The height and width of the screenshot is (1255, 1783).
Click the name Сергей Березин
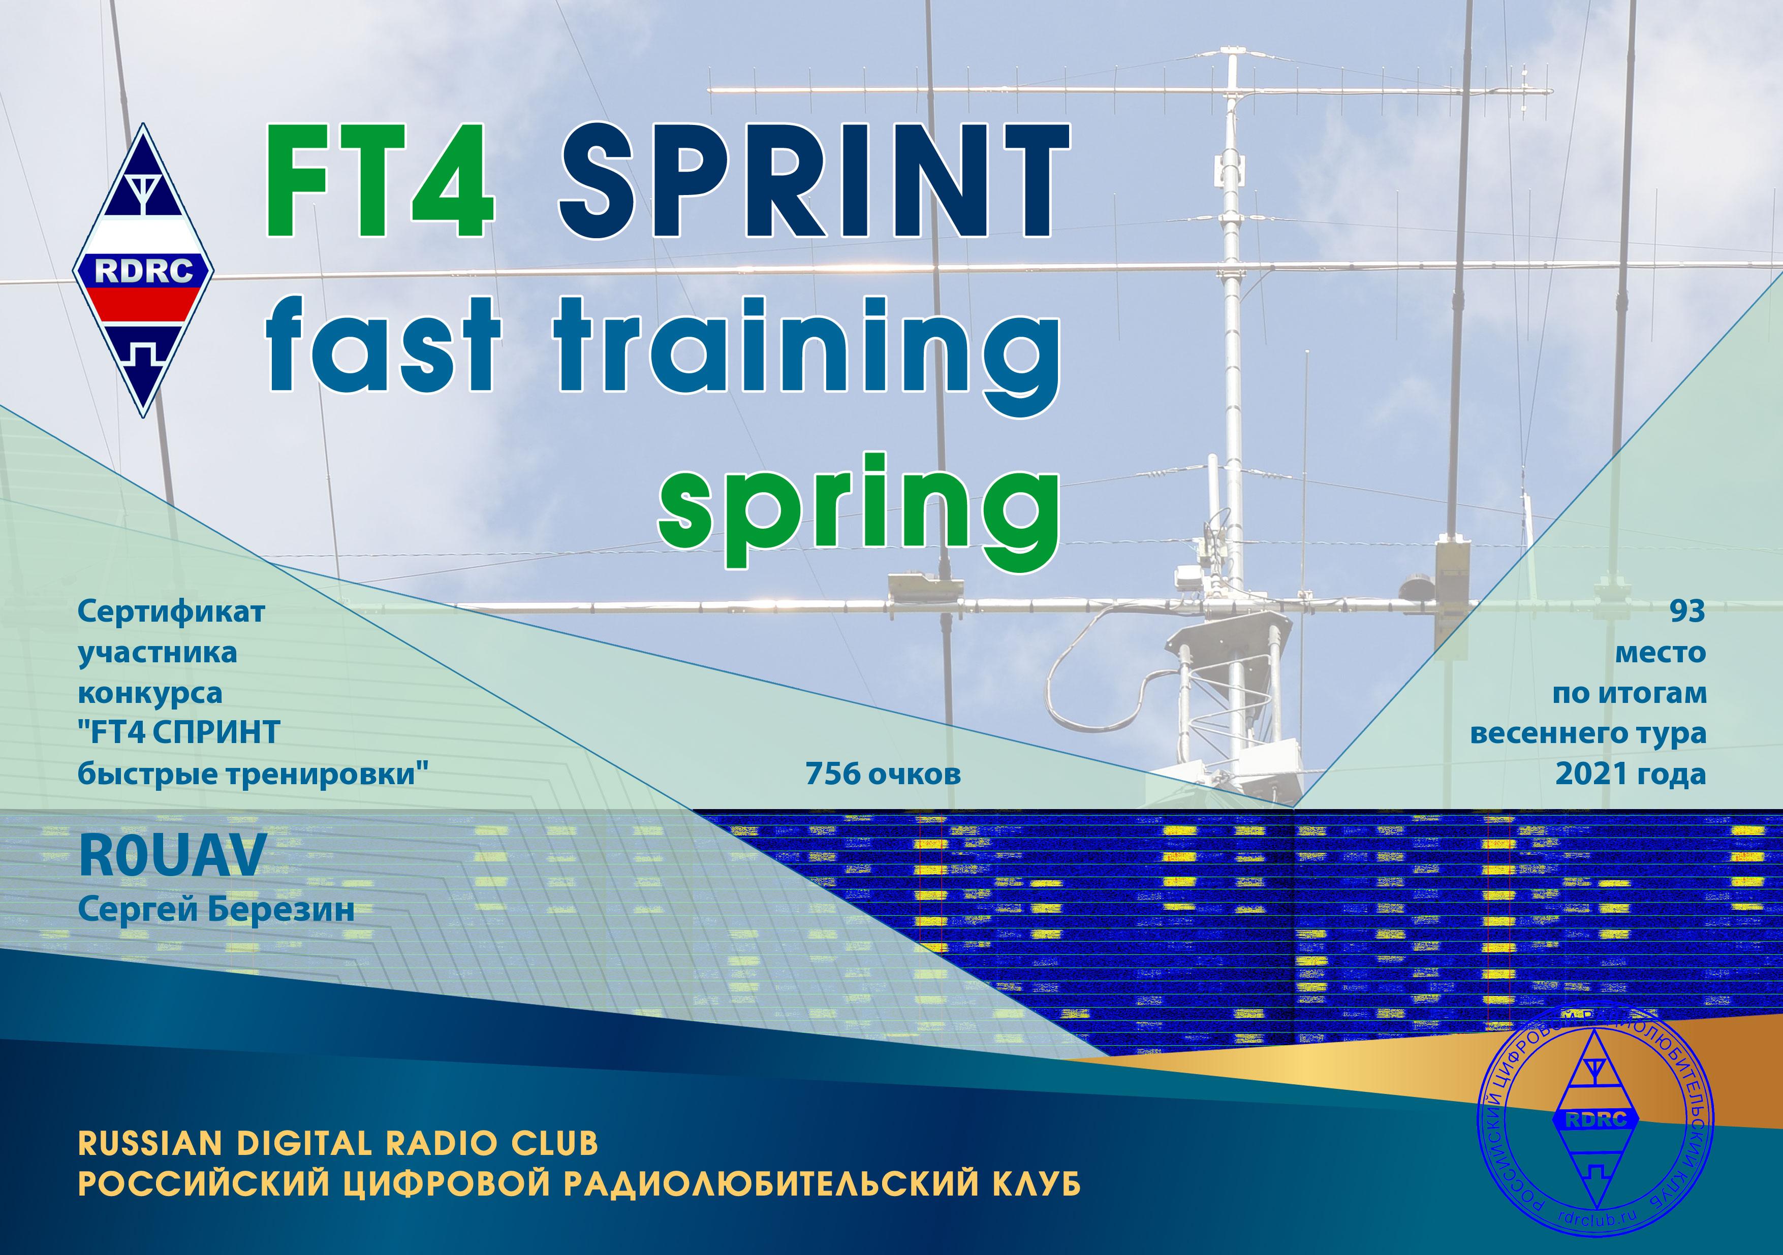click(216, 910)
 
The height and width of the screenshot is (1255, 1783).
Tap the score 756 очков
click(883, 774)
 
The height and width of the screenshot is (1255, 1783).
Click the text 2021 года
click(1630, 774)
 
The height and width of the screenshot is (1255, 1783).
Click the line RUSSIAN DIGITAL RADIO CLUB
click(338, 1143)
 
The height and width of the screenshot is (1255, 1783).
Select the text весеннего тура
click(1588, 733)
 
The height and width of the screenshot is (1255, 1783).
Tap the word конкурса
click(150, 693)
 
